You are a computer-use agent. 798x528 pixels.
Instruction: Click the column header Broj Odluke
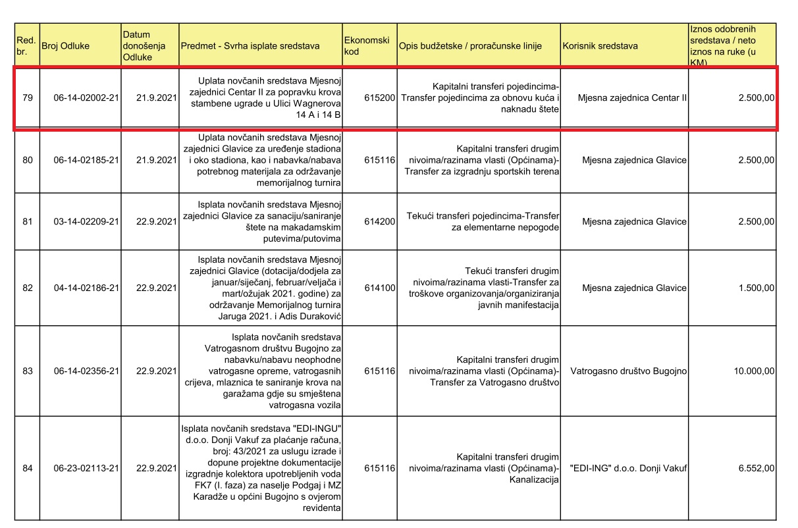point(65,46)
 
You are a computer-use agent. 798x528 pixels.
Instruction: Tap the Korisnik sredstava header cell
point(600,46)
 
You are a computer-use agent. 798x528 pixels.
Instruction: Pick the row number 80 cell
point(28,161)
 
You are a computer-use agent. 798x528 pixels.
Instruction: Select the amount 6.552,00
point(756,468)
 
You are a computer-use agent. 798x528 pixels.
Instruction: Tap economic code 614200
point(379,222)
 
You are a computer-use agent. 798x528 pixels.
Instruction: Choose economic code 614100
point(379,288)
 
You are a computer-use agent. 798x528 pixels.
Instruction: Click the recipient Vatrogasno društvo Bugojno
point(629,371)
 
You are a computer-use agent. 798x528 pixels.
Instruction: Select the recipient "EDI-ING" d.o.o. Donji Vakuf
point(628,468)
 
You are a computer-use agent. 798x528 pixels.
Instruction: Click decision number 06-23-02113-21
point(86,468)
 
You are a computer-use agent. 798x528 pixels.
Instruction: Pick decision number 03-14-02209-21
point(86,222)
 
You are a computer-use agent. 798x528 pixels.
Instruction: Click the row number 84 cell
point(28,468)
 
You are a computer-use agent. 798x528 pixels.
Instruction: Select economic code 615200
point(379,98)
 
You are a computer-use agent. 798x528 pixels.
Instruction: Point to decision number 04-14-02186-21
point(86,288)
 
